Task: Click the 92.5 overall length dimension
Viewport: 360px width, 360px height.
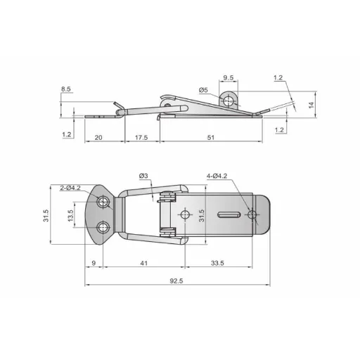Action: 176,281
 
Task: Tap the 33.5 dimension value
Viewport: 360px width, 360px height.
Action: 217,263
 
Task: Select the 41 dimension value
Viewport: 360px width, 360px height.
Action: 144,263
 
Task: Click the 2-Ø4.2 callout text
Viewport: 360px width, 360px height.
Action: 70,188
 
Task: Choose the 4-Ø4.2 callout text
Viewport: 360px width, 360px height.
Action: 217,176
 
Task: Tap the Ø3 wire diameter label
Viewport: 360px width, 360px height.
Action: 143,176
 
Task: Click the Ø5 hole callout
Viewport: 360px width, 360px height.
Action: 203,90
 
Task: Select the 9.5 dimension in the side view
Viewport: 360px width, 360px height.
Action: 229,77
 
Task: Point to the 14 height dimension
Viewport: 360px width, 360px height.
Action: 311,105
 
